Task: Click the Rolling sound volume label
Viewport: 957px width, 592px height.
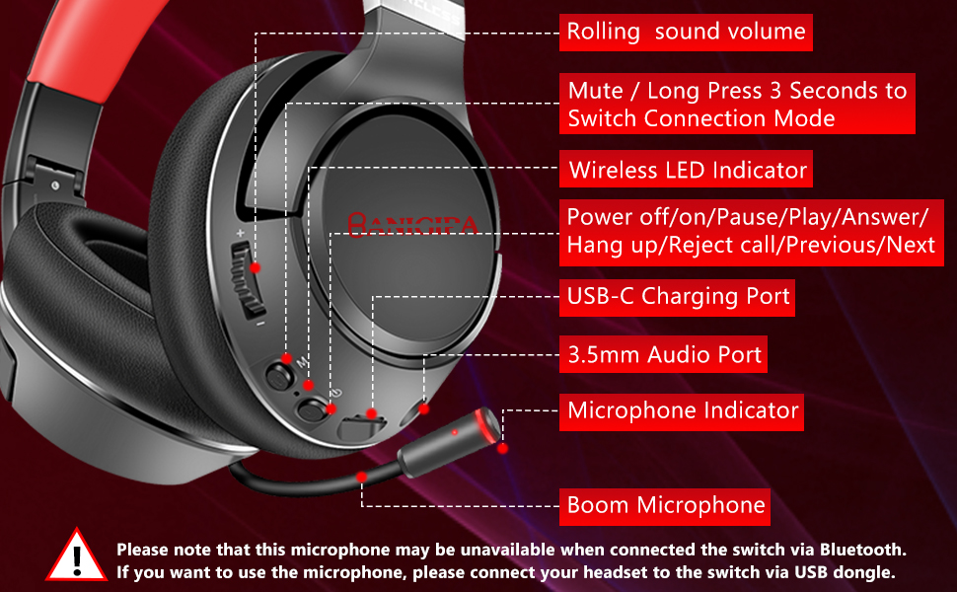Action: click(686, 33)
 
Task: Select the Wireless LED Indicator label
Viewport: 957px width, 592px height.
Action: click(688, 170)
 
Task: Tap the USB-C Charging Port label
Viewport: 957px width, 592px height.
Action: click(678, 296)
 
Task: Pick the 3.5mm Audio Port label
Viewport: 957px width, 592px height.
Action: click(664, 354)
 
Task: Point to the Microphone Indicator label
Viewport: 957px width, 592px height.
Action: click(682, 410)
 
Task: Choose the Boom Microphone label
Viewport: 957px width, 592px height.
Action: click(666, 506)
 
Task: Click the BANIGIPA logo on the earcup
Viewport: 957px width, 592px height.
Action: click(411, 225)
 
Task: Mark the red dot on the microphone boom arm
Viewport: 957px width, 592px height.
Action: click(362, 476)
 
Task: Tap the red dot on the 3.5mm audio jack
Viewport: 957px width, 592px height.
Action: click(424, 407)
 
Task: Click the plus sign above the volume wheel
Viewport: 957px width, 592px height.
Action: click(240, 233)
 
